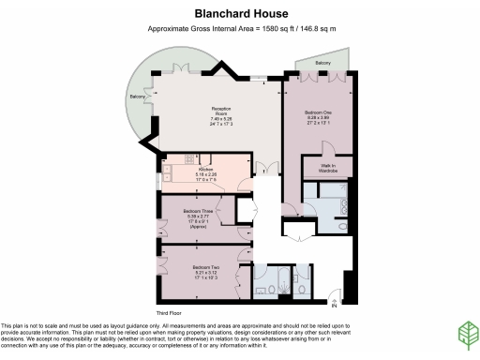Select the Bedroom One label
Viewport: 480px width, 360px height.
[x=316, y=112]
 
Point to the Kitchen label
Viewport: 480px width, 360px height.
[x=205, y=170]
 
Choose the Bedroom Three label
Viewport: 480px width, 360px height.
[x=198, y=212]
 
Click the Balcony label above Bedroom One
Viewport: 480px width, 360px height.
[x=322, y=63]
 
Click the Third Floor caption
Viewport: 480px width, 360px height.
[x=168, y=312]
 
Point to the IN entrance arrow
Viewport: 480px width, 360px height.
[x=335, y=301]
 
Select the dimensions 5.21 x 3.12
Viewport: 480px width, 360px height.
[x=205, y=273]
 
